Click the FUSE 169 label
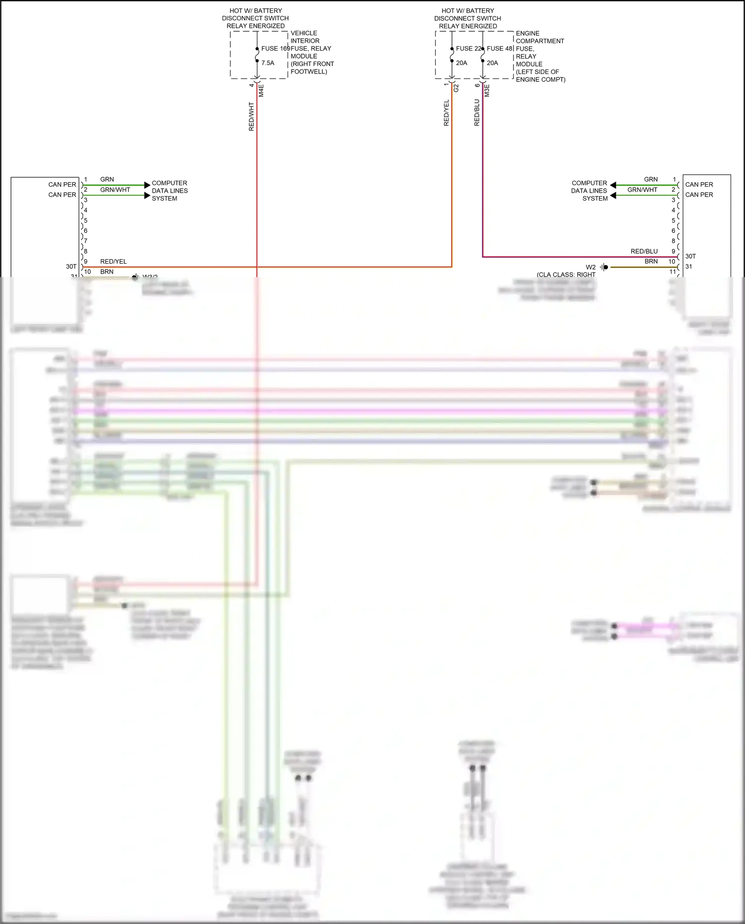pos(275,49)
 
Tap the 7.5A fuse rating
pos(268,63)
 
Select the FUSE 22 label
pos(468,49)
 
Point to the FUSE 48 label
pos(499,49)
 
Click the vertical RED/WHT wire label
pos(251,117)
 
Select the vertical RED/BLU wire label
pos(477,113)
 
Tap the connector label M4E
pos(261,90)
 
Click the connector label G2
pos(456,88)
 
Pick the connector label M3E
pos(487,90)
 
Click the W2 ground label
pos(591,267)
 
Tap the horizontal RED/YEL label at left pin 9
pos(113,262)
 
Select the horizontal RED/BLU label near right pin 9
pos(644,251)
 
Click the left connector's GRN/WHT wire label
pos(115,190)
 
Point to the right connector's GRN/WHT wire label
pos(642,190)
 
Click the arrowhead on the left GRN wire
pos(147,185)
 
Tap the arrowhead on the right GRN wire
pos(613,185)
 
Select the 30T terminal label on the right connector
pos(690,256)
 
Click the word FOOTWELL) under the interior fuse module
pos(308,71)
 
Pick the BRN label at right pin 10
pos(651,261)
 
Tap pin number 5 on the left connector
pos(85,220)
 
